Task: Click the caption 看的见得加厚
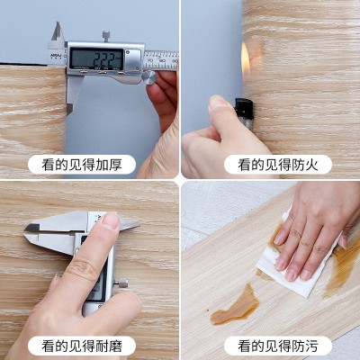click(88, 164)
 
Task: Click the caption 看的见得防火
click(272, 164)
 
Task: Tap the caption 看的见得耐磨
click(88, 345)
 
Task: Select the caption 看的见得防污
click(272, 345)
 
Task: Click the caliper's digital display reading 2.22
click(96, 58)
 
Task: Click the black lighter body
click(242, 109)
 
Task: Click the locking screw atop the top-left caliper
click(105, 36)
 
